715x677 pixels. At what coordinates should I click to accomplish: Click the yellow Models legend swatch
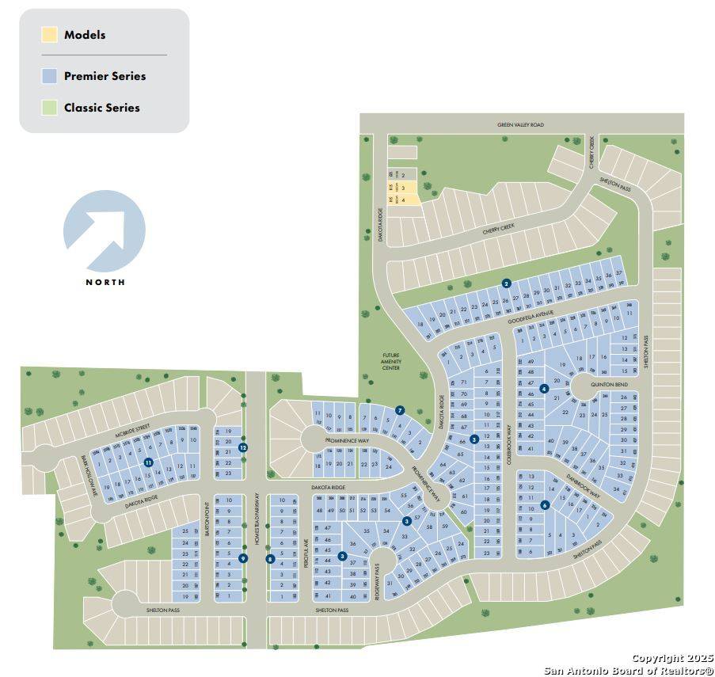50,34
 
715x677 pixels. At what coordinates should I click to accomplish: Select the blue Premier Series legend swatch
50,76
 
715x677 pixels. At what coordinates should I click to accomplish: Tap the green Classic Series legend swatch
50,107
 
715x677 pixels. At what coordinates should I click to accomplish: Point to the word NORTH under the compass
105,282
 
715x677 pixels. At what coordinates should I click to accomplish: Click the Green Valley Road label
520,124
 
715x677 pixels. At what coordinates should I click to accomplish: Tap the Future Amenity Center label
391,362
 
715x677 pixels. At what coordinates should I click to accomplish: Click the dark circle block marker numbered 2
506,283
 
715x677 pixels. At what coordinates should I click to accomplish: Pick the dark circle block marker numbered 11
148,462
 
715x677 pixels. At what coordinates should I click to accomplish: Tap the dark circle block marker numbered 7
400,410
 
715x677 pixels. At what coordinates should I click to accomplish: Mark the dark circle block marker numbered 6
545,505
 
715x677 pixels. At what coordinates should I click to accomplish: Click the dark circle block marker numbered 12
243,447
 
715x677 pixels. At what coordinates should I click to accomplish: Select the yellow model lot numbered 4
404,200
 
